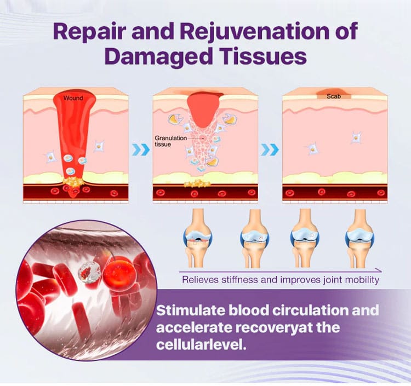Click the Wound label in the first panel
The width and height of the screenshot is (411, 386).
click(73, 98)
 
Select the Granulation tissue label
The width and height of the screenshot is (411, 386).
click(170, 141)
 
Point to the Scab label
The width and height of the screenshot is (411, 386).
click(334, 96)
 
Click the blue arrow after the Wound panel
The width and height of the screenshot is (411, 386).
click(141, 149)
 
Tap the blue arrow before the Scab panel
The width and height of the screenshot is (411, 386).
click(270, 149)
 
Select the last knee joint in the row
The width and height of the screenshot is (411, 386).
click(359, 238)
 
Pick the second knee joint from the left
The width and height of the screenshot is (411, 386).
click(254, 238)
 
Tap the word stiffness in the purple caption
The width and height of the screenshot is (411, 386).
click(240, 280)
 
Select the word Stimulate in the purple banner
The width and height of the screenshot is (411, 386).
click(191, 310)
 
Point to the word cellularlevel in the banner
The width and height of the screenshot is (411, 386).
click(201, 344)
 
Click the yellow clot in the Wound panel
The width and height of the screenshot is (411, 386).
click(73, 181)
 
